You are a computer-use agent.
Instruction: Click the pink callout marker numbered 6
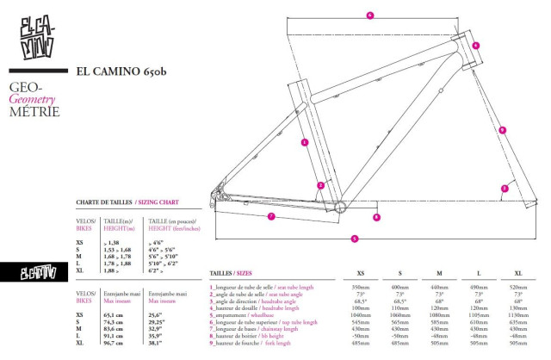369,15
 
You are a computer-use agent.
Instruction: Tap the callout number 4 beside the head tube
475,46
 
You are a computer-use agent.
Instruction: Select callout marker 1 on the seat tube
305,141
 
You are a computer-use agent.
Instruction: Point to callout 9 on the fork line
502,130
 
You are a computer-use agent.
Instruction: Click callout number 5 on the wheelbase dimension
355,238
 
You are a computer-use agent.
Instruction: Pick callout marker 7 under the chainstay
270,215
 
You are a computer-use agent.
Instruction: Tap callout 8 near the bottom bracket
376,218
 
